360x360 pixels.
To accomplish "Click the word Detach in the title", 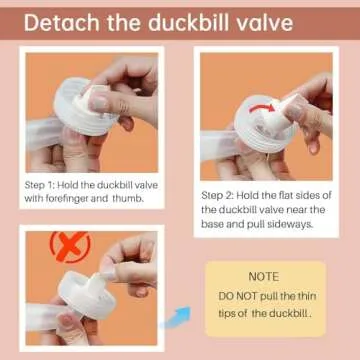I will pos(66,23).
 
